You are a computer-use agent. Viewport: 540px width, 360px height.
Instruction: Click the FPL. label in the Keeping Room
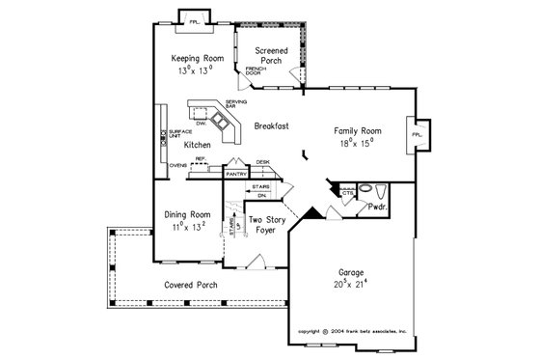point(194,20)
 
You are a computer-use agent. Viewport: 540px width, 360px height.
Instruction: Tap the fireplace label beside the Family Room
point(417,135)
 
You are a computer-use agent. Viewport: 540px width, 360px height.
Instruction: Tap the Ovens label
point(177,165)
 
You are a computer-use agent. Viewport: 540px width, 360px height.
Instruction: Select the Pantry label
point(236,174)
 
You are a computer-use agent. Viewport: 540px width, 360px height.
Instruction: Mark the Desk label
point(261,163)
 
